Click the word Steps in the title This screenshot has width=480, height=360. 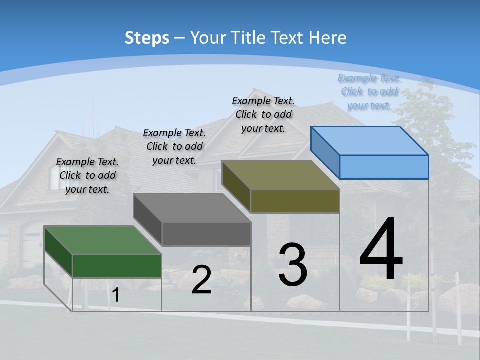click(147, 38)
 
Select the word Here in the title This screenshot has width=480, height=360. click(327, 37)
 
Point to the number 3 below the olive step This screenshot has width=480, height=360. click(293, 264)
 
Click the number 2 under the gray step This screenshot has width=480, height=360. click(201, 279)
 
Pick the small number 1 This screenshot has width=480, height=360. click(115, 295)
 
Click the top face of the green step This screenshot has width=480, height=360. click(103, 240)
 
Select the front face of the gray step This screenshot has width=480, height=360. click(206, 234)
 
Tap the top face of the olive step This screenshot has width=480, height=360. click(281, 175)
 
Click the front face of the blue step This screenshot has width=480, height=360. click(384, 167)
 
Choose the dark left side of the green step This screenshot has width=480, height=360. click(58, 252)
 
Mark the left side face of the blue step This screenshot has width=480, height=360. click(325, 152)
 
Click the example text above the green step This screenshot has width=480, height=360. click(87, 175)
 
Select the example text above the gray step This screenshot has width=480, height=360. click(174, 146)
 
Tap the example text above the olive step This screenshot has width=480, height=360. click(263, 115)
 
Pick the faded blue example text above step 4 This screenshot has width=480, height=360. click(369, 92)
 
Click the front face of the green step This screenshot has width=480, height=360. click(117, 266)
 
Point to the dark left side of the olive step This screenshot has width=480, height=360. click(236, 186)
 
